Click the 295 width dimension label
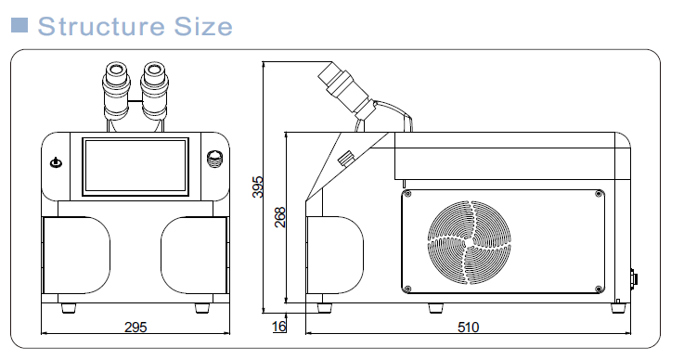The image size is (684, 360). point(136,328)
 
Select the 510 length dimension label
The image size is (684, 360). point(468,328)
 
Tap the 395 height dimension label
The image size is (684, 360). point(258,186)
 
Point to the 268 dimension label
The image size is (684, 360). point(280,217)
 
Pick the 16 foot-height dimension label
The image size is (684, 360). point(278,327)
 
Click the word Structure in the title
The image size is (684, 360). point(101,26)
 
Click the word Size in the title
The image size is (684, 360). point(203,26)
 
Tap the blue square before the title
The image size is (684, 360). point(19,25)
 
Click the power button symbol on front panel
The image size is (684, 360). point(57,162)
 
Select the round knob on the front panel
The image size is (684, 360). point(214,159)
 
